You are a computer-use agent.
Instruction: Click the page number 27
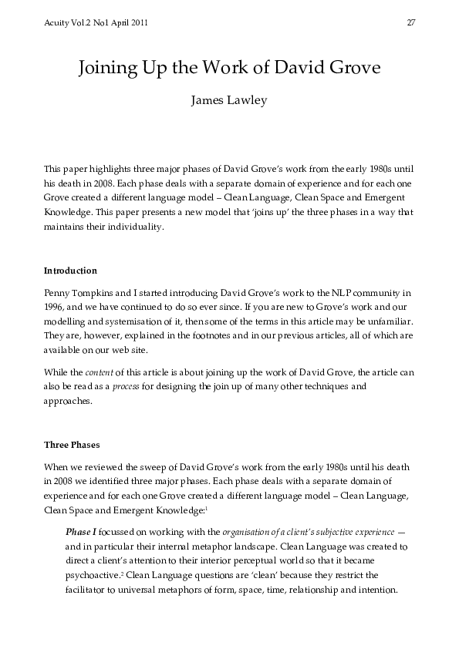point(411,22)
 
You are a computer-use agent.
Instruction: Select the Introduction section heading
point(70,271)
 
